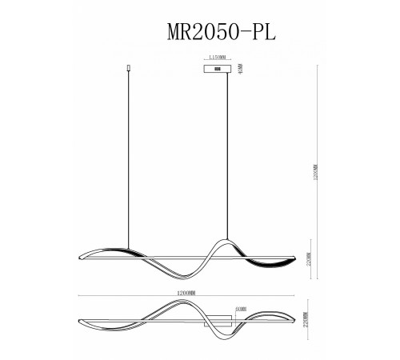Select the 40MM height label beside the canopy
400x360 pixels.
pos(239,70)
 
